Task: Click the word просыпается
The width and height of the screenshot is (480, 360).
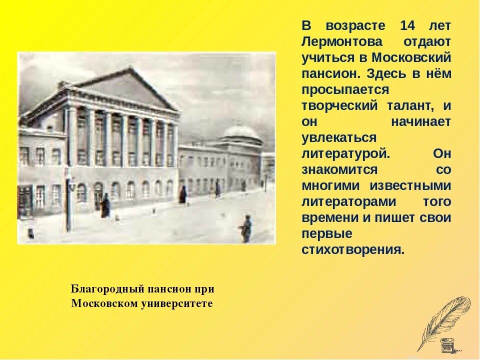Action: pos(345,89)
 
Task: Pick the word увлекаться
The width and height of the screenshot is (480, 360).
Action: pos(338,137)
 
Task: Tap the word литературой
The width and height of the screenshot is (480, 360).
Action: pos(345,153)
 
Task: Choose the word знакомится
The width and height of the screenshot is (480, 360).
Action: pos(339,169)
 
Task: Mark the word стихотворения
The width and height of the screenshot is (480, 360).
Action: pos(352,249)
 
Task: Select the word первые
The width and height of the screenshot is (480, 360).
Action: pos(327,233)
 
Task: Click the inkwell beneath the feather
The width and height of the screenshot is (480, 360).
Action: pos(446,345)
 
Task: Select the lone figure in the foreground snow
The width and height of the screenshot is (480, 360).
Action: pos(245,229)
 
